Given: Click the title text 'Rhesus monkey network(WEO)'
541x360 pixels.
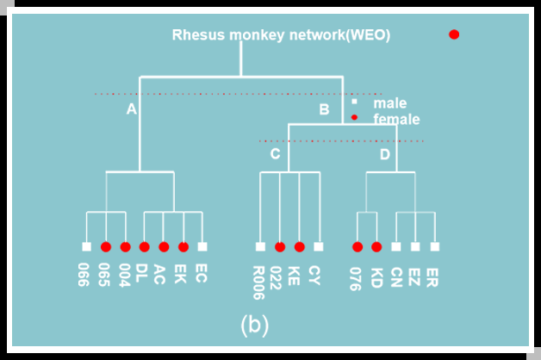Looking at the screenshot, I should click(x=281, y=35).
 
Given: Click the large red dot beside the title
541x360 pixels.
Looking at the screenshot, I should click(x=454, y=34).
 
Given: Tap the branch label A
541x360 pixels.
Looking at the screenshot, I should click(x=132, y=109).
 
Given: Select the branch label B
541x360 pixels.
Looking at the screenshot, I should click(x=324, y=109).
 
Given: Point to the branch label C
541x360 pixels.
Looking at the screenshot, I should click(x=275, y=154).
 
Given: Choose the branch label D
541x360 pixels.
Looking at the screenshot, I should click(x=385, y=154).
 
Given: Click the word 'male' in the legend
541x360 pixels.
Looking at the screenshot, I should click(x=389, y=103).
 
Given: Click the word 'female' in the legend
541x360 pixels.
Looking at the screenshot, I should click(x=396, y=119).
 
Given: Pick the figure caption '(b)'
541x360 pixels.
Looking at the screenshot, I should click(x=254, y=325).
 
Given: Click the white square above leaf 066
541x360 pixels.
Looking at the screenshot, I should click(x=86, y=247).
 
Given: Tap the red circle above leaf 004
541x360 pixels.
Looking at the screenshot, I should click(x=125, y=247).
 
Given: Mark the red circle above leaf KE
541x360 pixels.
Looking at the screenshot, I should click(x=299, y=247).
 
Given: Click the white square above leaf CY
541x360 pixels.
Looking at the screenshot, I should click(x=318, y=247).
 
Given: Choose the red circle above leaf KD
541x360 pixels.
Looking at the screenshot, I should click(x=376, y=247).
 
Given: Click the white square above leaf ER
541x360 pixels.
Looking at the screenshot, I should click(x=434, y=247).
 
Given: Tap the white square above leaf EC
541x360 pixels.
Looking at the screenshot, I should click(x=202, y=247).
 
